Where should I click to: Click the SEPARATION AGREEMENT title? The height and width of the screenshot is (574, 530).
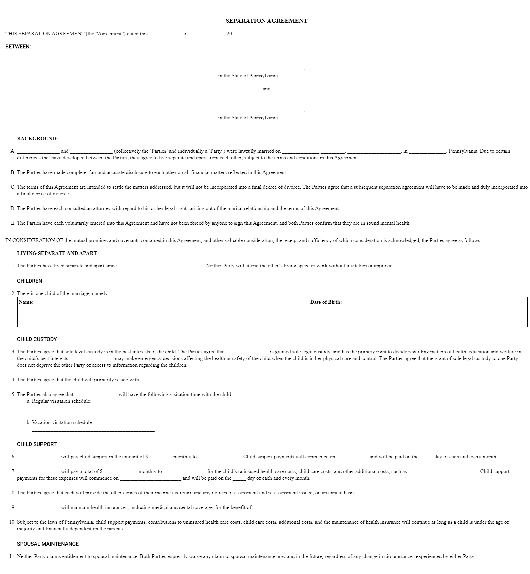(x=266, y=21)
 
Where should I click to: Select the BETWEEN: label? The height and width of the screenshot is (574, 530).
(x=18, y=47)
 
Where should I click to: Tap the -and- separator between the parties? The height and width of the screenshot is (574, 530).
(x=266, y=89)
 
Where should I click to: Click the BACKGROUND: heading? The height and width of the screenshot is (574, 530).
(x=37, y=139)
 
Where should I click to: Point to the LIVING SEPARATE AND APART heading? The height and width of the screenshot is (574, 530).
(x=57, y=253)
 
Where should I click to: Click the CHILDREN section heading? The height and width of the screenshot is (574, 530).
(x=30, y=281)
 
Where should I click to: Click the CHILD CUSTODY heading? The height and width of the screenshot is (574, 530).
(x=37, y=339)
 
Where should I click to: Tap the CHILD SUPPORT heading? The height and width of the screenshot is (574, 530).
(x=37, y=444)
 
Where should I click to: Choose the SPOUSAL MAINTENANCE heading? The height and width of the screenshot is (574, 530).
(x=48, y=544)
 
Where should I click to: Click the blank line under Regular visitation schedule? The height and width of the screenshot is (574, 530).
(x=93, y=409)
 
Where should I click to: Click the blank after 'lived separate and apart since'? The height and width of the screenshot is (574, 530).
(x=161, y=267)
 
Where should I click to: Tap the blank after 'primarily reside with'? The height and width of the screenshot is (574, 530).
(x=162, y=381)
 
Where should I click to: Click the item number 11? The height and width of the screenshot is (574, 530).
(x=12, y=556)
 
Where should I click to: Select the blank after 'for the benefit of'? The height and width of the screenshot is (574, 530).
(x=279, y=508)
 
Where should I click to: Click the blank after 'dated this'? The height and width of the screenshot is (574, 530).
(x=166, y=35)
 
